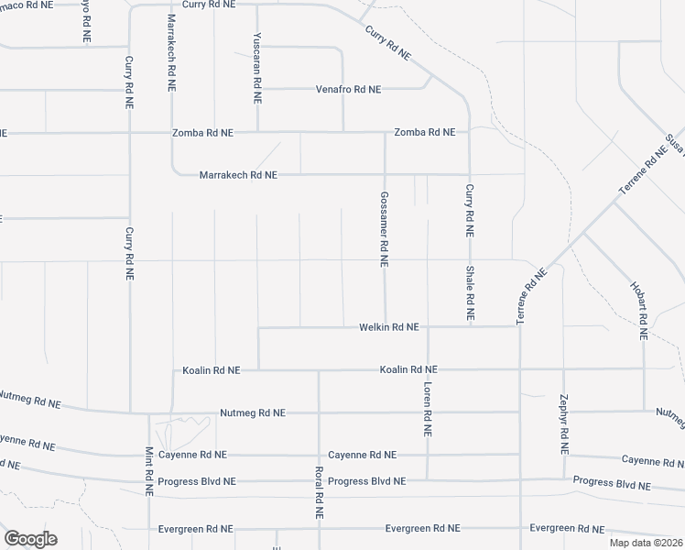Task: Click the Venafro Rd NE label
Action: pos(348,90)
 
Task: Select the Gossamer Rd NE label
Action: pos(385,228)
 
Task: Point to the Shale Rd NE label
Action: pos(469,292)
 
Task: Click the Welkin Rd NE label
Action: pos(389,326)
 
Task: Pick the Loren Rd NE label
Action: pos(427,408)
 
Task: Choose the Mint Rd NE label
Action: pos(149,472)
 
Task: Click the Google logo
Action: pos(30,539)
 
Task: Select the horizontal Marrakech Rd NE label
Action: pos(238,174)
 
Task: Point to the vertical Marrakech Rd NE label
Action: pos(171,52)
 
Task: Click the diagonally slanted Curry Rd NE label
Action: pos(387,43)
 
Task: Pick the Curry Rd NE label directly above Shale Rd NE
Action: pos(469,213)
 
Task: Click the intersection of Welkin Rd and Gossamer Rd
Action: pos(385,326)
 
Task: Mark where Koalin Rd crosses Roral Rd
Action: pos(319,370)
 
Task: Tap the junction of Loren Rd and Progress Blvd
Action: pos(428,479)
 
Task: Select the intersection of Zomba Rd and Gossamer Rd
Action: pos(385,132)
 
